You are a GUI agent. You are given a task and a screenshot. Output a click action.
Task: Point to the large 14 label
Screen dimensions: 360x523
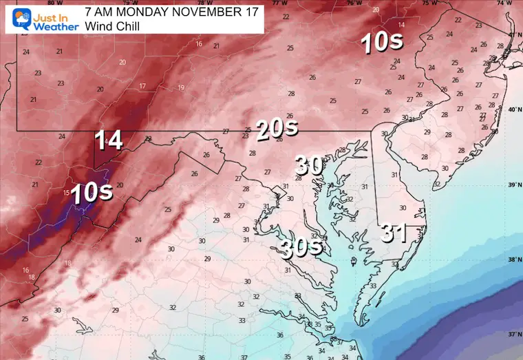[109, 140]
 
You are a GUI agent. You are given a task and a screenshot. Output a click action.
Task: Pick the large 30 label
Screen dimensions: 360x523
[309, 165]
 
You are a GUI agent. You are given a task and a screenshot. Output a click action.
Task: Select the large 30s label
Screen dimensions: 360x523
[301, 247]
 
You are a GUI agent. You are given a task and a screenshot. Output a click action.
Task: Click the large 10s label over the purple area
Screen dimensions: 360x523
[92, 193]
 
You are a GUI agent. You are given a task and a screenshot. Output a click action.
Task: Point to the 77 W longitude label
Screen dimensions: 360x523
[280, 3]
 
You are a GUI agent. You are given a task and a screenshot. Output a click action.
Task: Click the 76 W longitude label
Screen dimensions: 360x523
[354, 3]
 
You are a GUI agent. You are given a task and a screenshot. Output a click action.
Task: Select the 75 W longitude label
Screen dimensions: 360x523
[427, 3]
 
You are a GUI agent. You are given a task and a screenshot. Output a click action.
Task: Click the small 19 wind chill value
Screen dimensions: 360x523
[181, 87]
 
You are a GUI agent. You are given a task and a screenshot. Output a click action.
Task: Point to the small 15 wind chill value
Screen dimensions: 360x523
[67, 192]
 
